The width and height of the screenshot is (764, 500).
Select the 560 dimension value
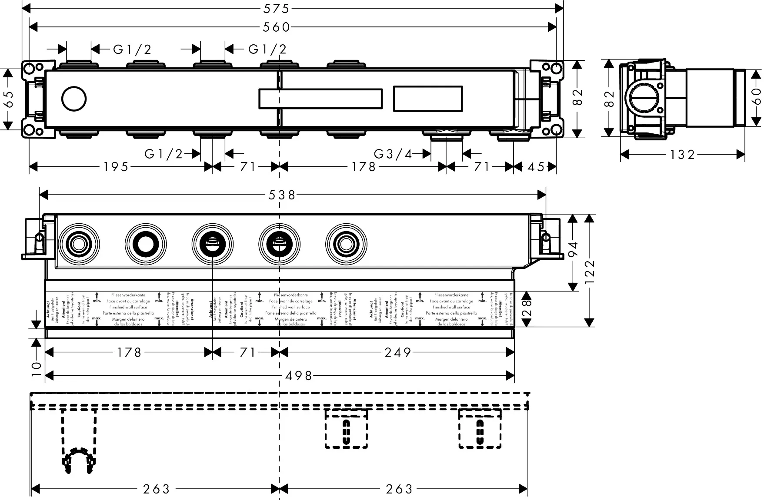277,27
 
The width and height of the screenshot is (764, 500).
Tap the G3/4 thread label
393,154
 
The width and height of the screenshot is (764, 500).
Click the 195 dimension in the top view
116,167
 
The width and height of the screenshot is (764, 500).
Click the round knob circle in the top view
74,99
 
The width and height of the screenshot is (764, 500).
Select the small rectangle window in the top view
428,98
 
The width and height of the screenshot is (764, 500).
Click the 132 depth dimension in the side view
683,154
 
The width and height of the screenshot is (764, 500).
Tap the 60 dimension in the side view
756,96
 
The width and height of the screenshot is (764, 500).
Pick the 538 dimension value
282,195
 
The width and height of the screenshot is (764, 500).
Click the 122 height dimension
590,270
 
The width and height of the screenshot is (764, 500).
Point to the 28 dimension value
527,309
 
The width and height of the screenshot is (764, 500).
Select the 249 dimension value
398,352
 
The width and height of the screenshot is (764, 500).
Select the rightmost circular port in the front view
346,244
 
